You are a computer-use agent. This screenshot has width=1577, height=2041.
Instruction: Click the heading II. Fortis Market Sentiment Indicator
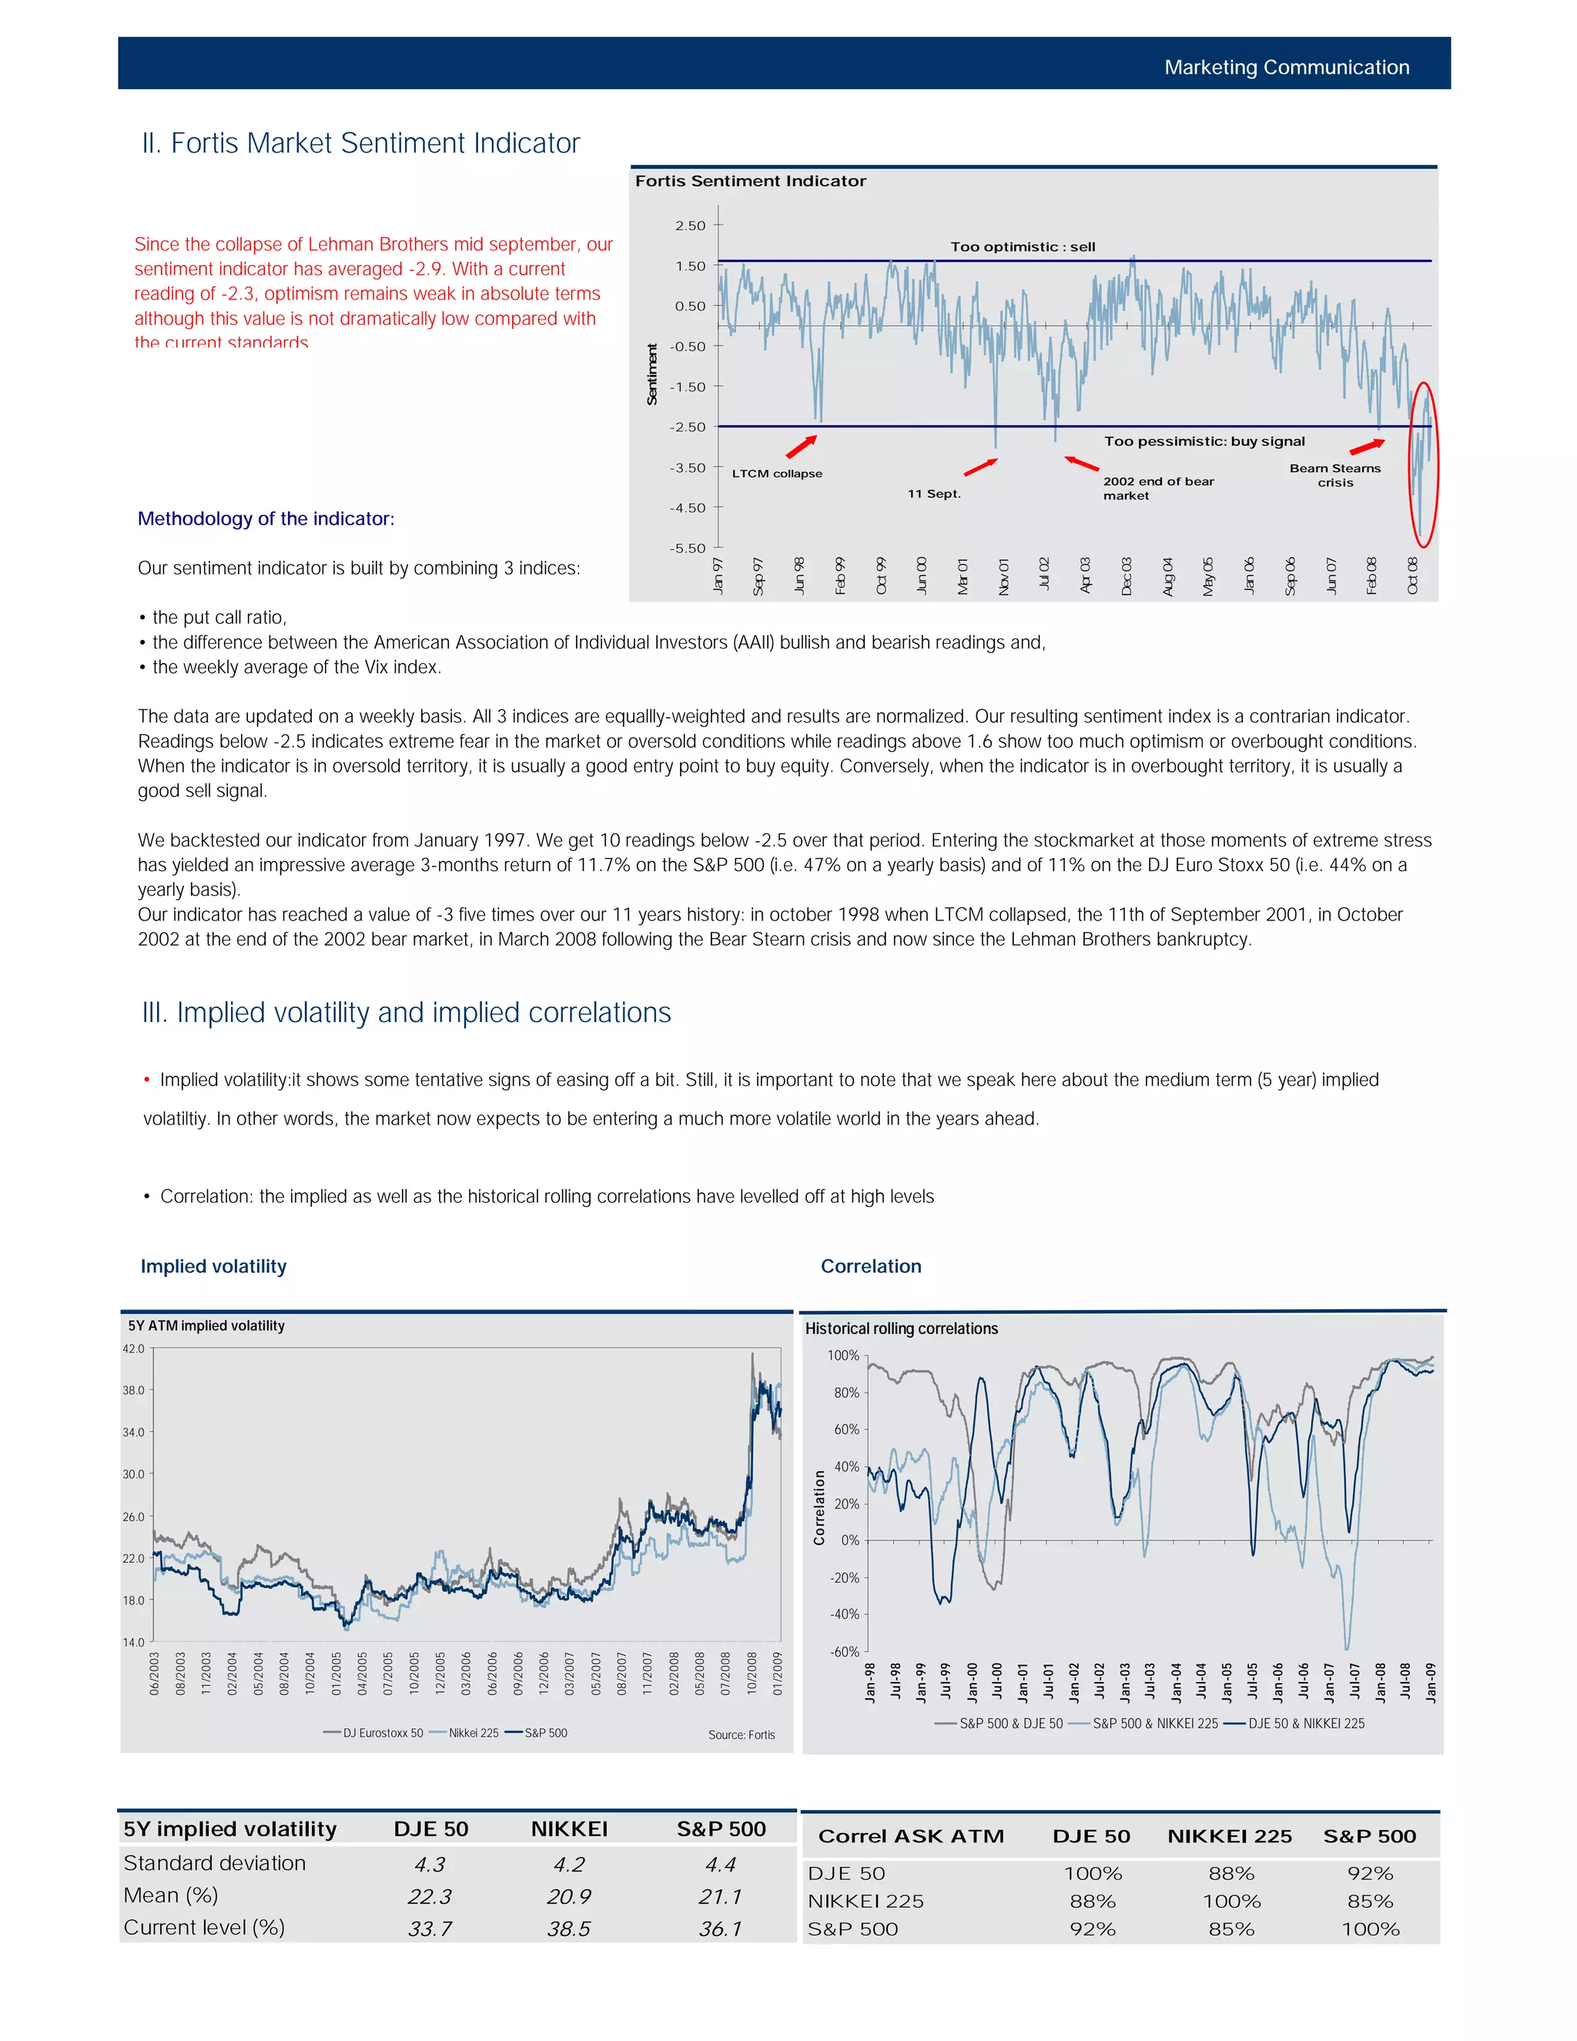tap(360, 143)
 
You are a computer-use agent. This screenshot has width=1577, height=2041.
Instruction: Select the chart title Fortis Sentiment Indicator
tap(750, 181)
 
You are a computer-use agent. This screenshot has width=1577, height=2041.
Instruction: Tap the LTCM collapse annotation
tap(776, 474)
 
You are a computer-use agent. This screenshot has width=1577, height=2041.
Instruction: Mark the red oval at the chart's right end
tap(1423, 464)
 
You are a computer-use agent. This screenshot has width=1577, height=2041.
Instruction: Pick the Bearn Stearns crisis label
tap(1335, 474)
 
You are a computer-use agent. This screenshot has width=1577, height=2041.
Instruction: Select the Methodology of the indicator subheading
tap(266, 518)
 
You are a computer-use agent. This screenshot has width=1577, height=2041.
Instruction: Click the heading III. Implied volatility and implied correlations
tap(407, 1013)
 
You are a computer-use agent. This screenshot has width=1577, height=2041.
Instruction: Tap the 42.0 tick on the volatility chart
tap(133, 1349)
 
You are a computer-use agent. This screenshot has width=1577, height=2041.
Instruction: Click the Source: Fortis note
tap(741, 1734)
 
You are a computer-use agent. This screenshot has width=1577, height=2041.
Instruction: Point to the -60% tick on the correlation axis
tap(845, 1651)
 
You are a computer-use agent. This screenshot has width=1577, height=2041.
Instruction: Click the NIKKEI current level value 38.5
tap(568, 1929)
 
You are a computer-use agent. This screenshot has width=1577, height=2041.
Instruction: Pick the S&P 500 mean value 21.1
tap(720, 1897)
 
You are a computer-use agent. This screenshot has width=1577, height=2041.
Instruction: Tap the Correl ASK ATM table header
tap(911, 1836)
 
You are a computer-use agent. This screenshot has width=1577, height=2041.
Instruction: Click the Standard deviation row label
tap(215, 1863)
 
